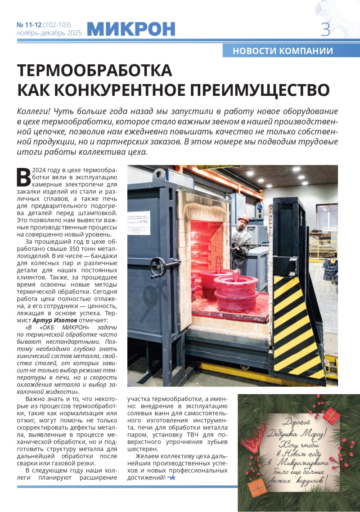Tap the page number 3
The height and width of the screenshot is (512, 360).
point(325,30)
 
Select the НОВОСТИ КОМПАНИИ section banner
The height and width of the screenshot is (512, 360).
point(283,51)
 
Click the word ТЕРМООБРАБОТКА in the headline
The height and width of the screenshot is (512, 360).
point(94,71)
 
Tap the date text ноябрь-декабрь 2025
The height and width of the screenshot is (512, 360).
point(49,33)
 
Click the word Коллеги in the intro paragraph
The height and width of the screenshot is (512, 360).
point(33,111)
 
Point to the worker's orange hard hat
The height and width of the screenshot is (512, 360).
point(243,219)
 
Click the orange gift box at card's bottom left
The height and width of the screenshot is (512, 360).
point(256,488)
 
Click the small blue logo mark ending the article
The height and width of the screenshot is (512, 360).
point(171,477)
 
